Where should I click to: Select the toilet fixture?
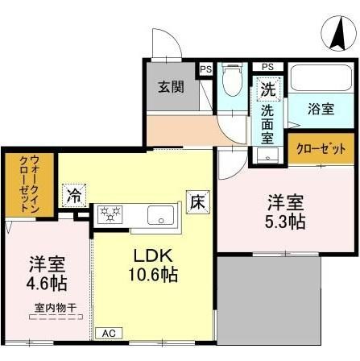[x=232, y=85]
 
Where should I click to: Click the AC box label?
[x=106, y=332]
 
